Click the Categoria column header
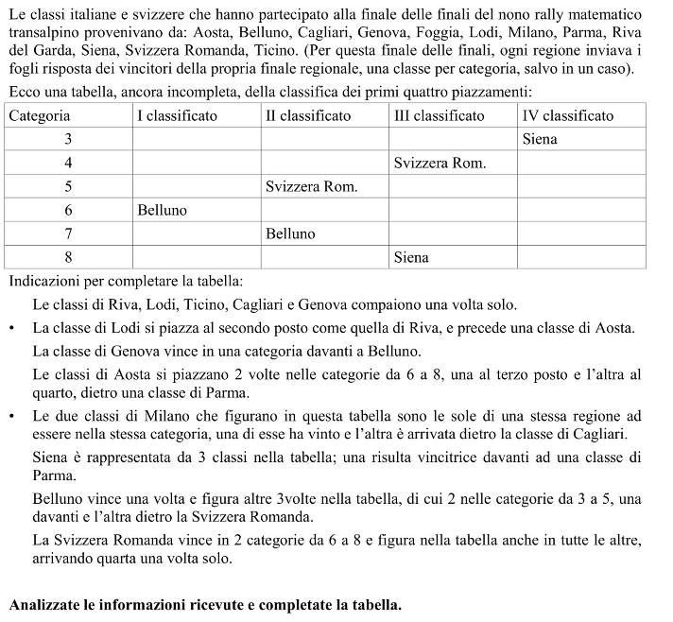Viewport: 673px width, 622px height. (x=40, y=116)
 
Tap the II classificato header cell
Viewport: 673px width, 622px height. (x=308, y=116)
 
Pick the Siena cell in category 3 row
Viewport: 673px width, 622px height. (x=540, y=140)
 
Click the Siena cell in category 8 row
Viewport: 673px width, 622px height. (x=411, y=257)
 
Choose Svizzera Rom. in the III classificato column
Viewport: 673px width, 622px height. (x=440, y=164)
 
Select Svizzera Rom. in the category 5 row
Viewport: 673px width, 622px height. (x=312, y=187)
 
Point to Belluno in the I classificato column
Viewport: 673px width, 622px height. (x=163, y=210)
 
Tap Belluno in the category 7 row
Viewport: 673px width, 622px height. (x=290, y=233)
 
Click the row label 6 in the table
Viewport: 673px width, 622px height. (x=68, y=210)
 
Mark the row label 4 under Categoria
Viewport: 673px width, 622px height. (x=68, y=164)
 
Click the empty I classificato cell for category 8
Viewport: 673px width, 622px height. (x=196, y=257)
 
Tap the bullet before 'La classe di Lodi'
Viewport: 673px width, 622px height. (x=11, y=329)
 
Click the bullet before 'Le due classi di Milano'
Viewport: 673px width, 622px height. (x=11, y=417)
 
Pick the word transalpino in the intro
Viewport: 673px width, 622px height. (x=41, y=32)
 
